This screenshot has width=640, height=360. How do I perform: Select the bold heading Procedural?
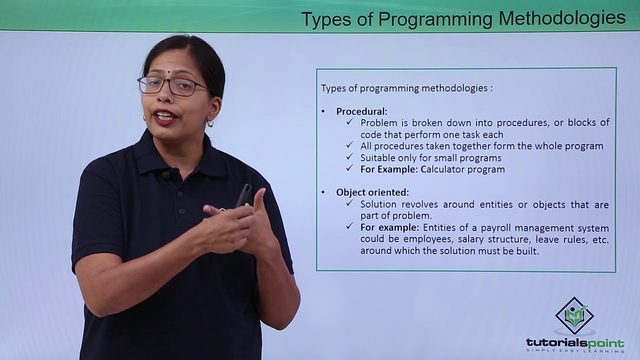click(x=361, y=111)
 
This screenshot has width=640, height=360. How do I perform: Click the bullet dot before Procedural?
click(x=323, y=111)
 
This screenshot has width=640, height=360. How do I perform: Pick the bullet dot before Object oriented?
click(x=323, y=192)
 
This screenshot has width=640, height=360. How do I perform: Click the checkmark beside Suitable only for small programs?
click(x=350, y=157)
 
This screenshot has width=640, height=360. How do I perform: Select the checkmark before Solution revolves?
click(x=350, y=204)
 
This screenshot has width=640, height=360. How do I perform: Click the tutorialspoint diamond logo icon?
click(x=574, y=316)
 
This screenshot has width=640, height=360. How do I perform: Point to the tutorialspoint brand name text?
click(x=575, y=343)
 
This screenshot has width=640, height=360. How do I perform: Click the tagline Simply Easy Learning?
click(x=575, y=351)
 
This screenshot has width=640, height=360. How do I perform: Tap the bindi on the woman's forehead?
click(x=169, y=72)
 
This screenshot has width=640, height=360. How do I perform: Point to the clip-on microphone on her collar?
click(x=166, y=175)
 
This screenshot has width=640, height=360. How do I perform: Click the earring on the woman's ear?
click(x=210, y=123)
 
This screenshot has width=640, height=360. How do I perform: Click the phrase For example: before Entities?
click(x=389, y=228)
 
